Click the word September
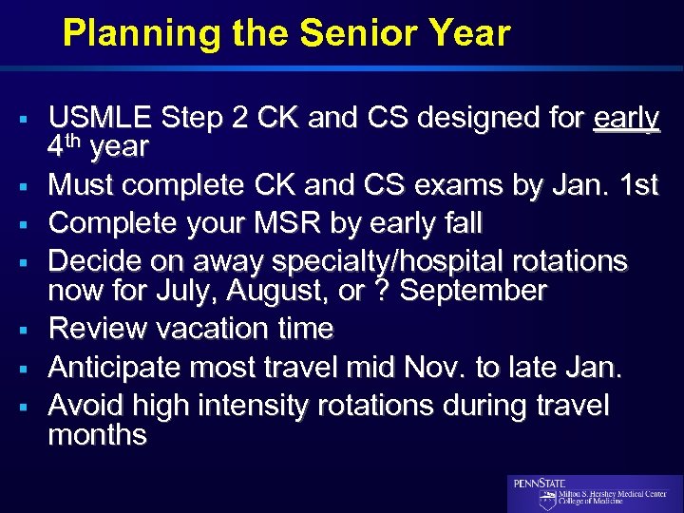coord(472,290)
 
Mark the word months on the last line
coord(97,435)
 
